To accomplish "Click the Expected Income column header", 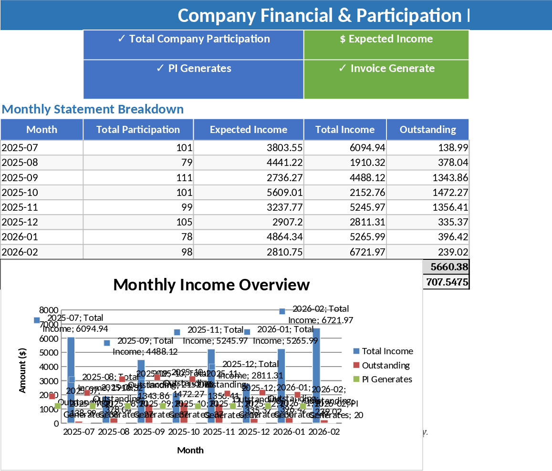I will pyautogui.click(x=248, y=130).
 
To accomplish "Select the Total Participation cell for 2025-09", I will pyautogui.click(x=138, y=178).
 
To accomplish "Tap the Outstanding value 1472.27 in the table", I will pyautogui.click(x=427, y=193).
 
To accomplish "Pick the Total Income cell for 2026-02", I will pyautogui.click(x=345, y=252).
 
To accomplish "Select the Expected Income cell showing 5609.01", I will pyautogui.click(x=248, y=193).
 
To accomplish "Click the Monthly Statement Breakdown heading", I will pyautogui.click(x=93, y=109).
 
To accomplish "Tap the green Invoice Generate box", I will pyautogui.click(x=386, y=79).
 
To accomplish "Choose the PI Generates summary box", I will pyautogui.click(x=193, y=79).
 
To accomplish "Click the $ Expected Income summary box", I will pyautogui.click(x=386, y=44).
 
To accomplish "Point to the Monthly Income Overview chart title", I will pyautogui.click(x=211, y=285).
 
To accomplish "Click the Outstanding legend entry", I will pyautogui.click(x=385, y=365).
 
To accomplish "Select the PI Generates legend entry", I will pyautogui.click(x=386, y=379).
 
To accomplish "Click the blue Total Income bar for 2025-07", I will pyautogui.click(x=71, y=381).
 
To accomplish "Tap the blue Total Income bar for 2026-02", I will pyautogui.click(x=316, y=377).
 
